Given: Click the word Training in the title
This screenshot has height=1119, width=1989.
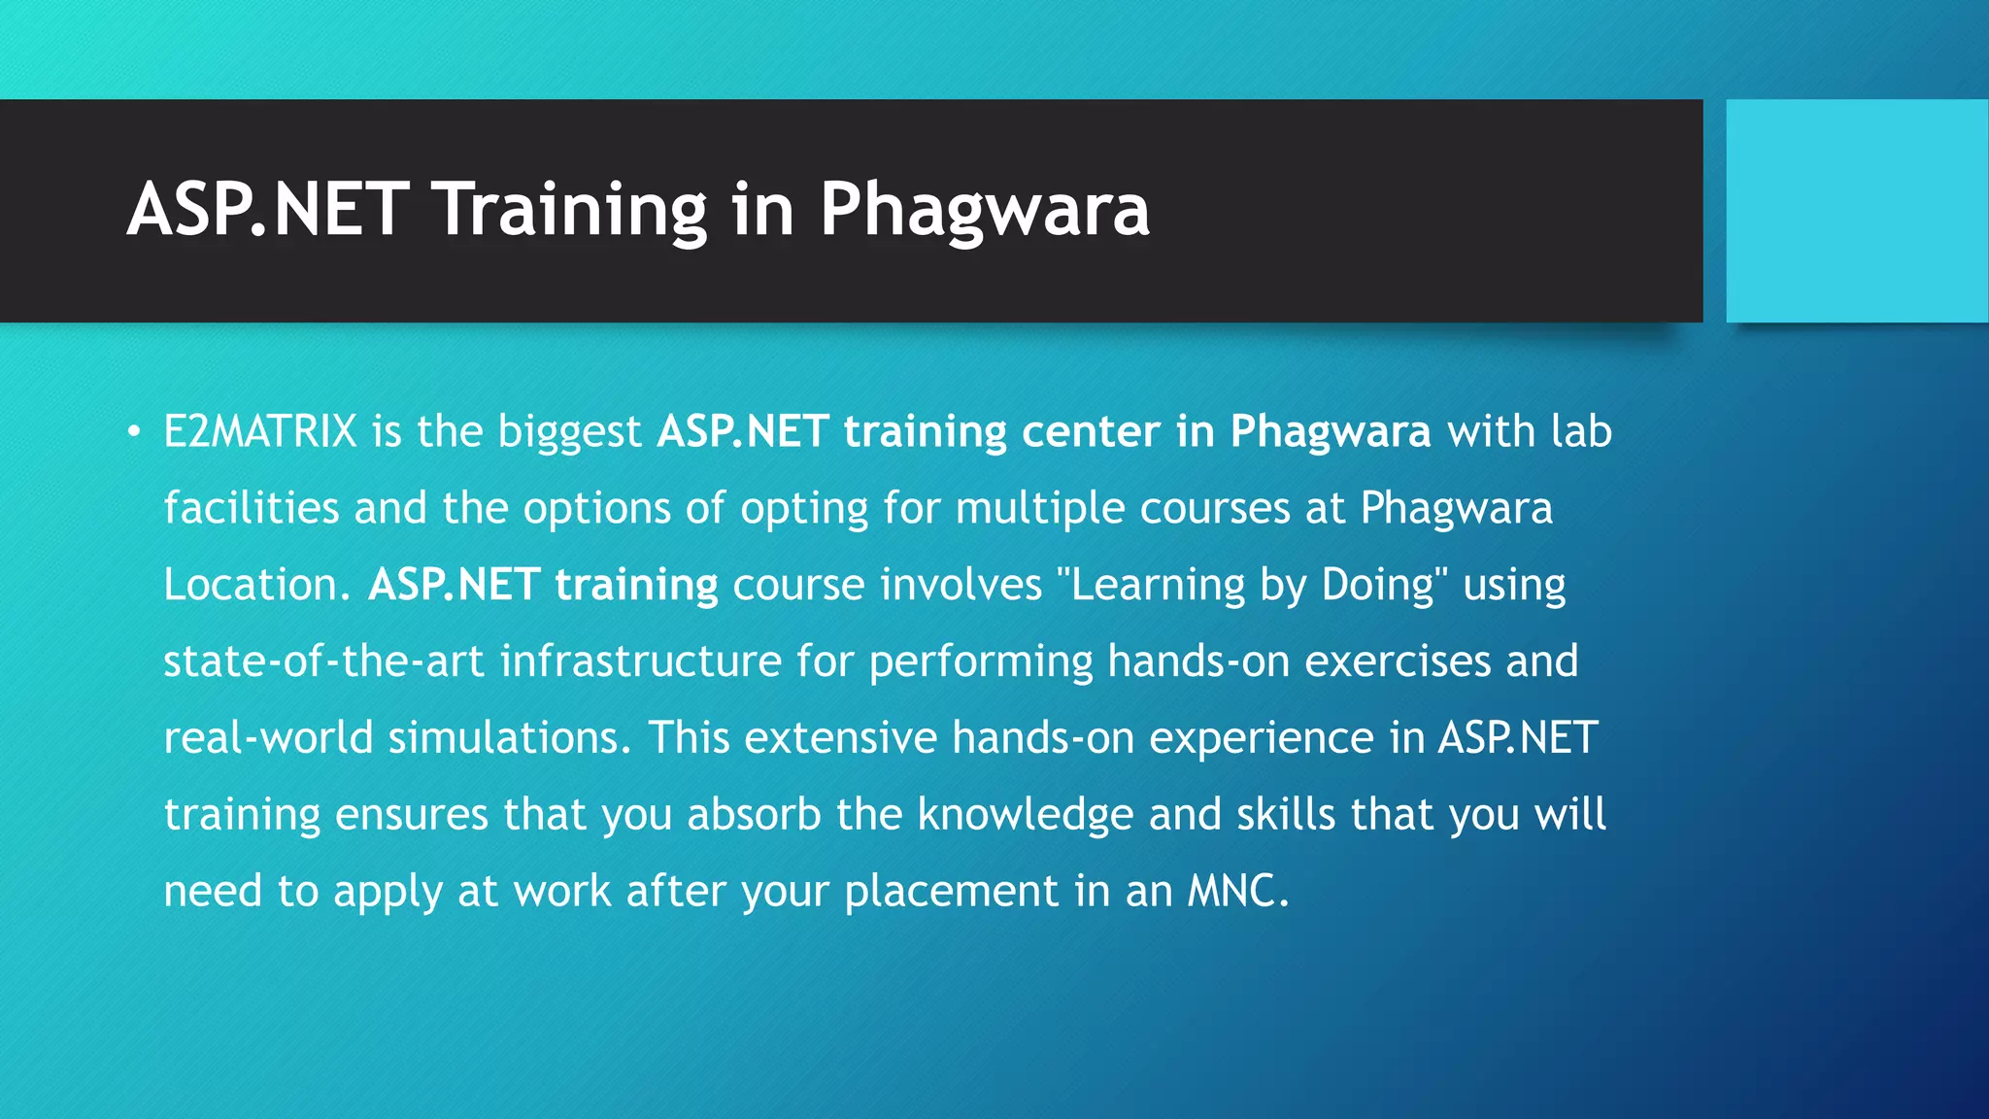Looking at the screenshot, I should [570, 209].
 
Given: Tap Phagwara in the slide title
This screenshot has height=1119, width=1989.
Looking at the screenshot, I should [984, 209].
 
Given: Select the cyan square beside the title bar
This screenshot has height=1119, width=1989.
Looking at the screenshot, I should [1857, 211].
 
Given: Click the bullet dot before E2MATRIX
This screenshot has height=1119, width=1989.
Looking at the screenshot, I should [134, 430].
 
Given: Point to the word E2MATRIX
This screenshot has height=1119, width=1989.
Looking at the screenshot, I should [260, 431].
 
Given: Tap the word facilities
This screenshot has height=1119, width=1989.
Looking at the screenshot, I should [251, 508].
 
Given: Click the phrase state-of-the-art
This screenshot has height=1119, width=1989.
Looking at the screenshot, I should [323, 661].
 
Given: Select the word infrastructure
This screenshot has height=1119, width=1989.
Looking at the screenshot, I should [641, 661].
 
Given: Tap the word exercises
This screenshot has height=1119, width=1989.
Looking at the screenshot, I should [1398, 661].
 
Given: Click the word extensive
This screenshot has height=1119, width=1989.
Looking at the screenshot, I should [841, 738].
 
